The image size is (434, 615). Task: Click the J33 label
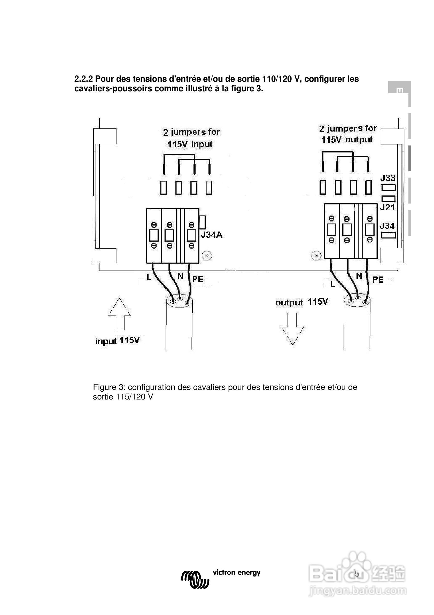tap(388, 178)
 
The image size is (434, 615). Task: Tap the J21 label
tap(387, 207)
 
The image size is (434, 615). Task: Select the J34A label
tap(212, 235)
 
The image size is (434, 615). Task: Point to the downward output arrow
tap(292, 329)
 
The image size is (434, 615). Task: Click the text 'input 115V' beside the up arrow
tap(118, 341)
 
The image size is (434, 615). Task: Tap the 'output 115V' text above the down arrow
tap(302, 302)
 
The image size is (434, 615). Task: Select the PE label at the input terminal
tap(198, 279)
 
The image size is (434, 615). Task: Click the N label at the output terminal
tap(359, 276)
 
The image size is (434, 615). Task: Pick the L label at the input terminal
tap(149, 278)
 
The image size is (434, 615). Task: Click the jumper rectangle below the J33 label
tap(389, 188)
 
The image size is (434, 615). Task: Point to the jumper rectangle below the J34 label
tap(389, 235)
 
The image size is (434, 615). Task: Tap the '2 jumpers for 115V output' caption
tap(347, 134)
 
